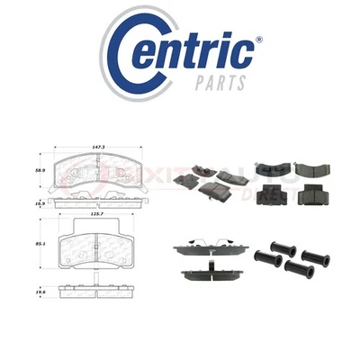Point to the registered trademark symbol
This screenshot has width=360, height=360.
pos(258,40)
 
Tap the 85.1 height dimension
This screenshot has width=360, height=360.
pos(39,244)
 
